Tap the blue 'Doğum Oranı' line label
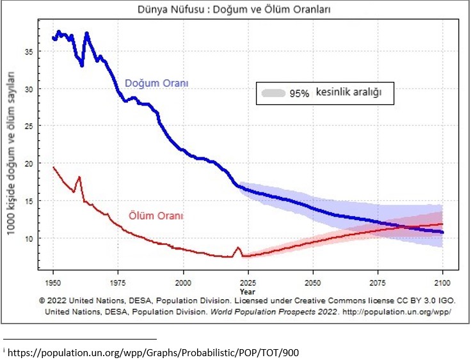tap(157, 84)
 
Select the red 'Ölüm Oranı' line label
tap(156, 216)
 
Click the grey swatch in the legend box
tap(273, 93)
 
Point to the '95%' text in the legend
tap(299, 93)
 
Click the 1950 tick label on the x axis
tap(53, 281)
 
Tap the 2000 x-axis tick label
tap(184, 281)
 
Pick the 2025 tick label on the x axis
tap(248, 281)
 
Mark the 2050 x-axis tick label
tap(313, 281)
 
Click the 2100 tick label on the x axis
tap(443, 281)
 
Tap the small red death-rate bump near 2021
tap(238, 248)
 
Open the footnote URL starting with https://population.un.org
tap(154, 352)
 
